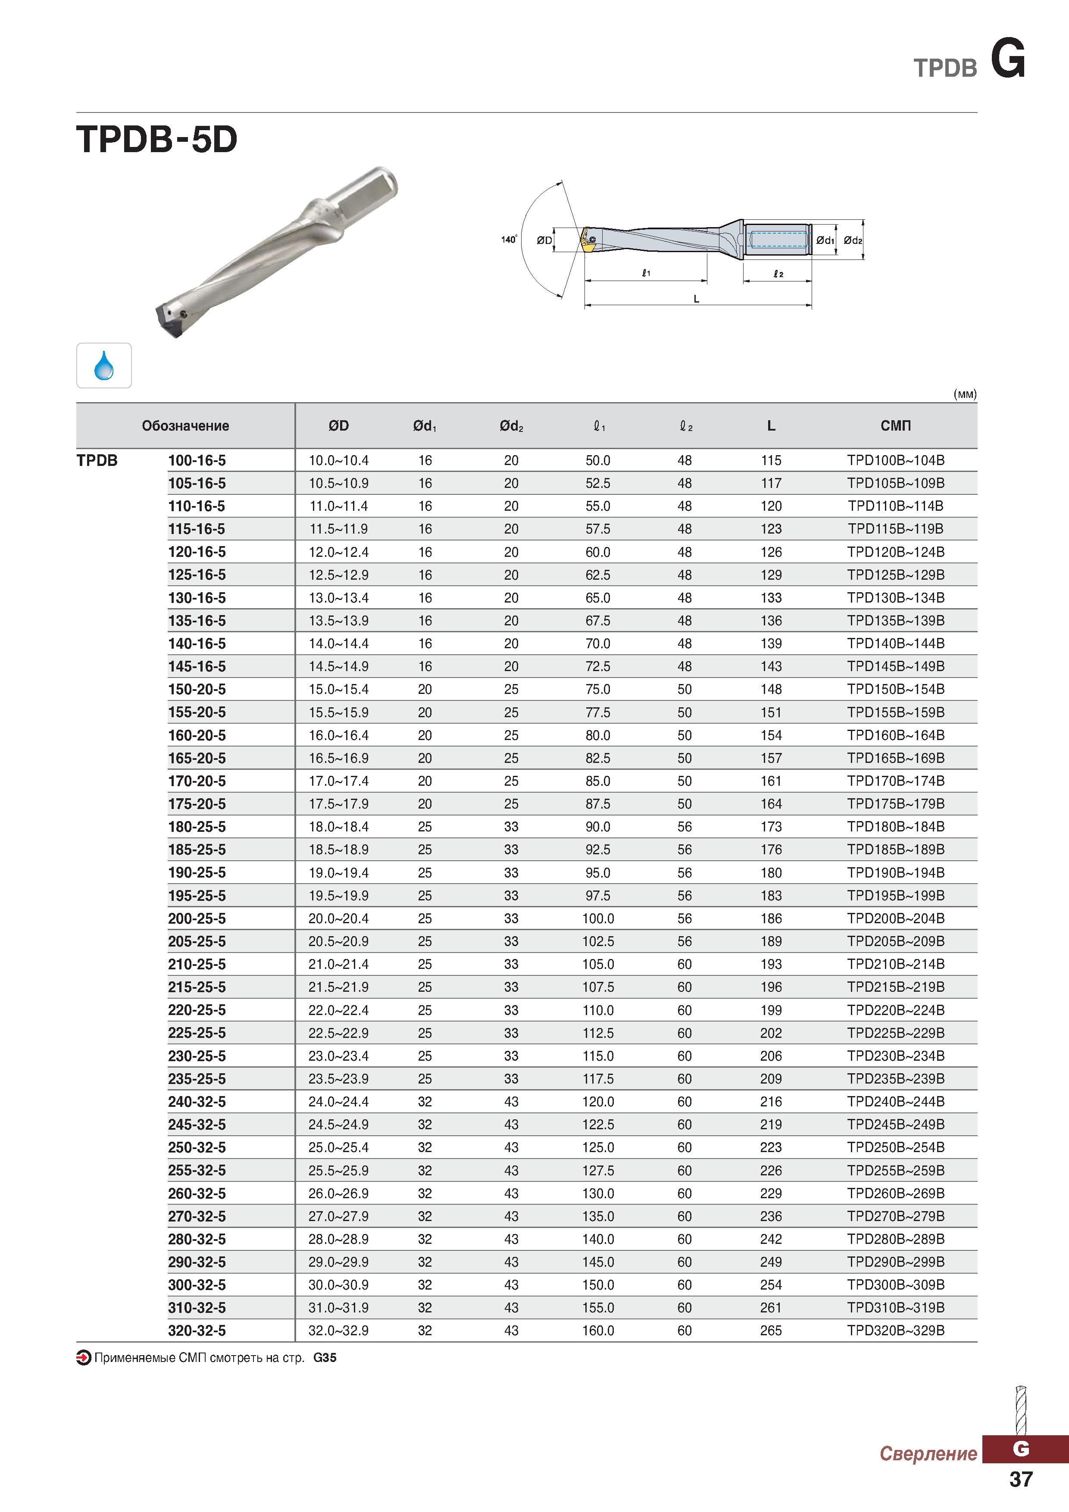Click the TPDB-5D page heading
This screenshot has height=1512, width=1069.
point(157,140)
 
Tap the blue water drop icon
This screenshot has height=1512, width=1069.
point(104,366)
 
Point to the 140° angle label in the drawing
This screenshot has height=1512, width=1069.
point(509,239)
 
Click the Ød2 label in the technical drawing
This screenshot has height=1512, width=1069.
point(853,241)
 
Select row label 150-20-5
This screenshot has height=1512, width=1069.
point(197,690)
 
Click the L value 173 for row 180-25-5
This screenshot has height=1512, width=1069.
point(771,826)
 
